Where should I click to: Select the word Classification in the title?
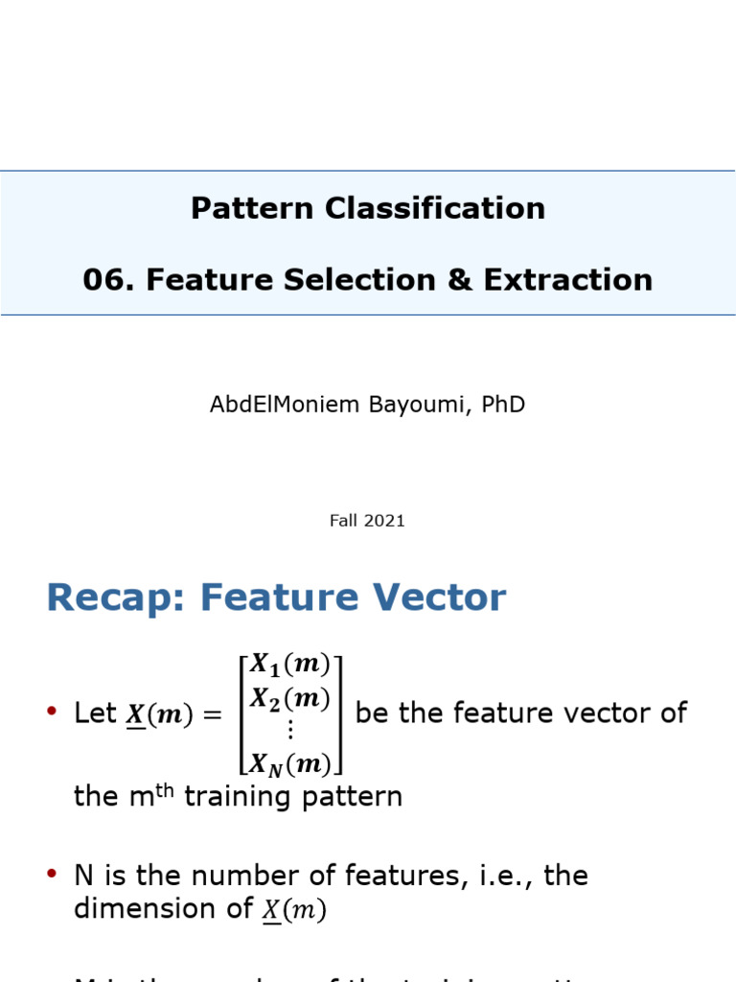pos(436,208)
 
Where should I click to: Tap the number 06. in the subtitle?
pos(107,280)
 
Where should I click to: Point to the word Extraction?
pos(568,280)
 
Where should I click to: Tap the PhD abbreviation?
pos(503,405)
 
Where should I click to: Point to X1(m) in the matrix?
pos(290,664)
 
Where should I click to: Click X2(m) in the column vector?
pos(290,698)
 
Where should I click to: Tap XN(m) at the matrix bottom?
pos(290,763)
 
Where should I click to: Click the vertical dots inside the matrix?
pos(290,731)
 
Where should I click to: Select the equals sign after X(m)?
pos(212,715)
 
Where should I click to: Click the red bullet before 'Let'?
pos(52,713)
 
